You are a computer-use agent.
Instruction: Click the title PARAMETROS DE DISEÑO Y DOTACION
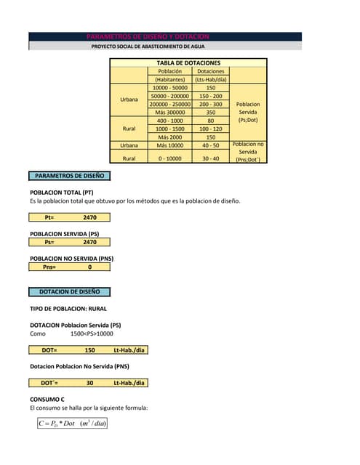[x=148, y=36]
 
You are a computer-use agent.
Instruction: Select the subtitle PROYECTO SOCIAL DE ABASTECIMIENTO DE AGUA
[x=148, y=46]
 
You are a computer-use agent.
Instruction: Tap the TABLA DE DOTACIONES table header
[x=188, y=63]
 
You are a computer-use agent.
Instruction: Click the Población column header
[x=169, y=71]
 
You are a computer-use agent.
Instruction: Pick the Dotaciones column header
[x=211, y=71]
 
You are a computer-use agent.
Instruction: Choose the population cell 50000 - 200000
[x=169, y=96]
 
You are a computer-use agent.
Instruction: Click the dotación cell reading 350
[x=211, y=113]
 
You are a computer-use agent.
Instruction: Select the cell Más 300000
[x=169, y=113]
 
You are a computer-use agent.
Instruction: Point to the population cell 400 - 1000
[x=169, y=121]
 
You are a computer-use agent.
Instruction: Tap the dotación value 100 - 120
[x=211, y=129]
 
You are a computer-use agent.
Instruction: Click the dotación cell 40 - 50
[x=211, y=145]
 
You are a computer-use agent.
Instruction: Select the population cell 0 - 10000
[x=169, y=158]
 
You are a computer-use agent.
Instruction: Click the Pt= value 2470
[x=89, y=217]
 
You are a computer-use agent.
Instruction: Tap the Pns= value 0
[x=89, y=267]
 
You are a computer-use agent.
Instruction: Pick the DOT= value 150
[x=89, y=350]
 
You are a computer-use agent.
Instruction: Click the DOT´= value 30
[x=89, y=383]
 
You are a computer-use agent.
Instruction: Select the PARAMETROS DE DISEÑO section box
[x=70, y=176]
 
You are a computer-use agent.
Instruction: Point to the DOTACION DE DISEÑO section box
[x=70, y=292]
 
